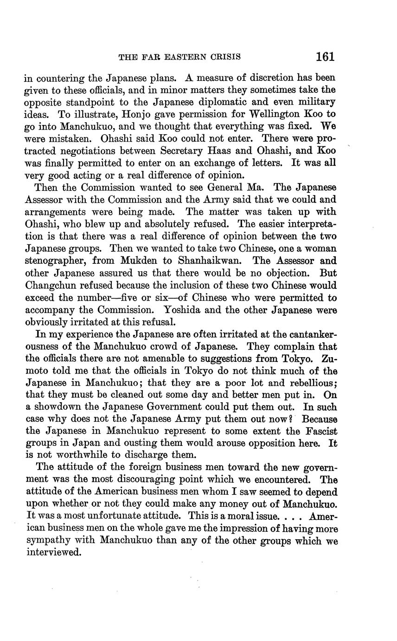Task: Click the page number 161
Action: click(325, 57)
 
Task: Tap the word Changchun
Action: click(52, 286)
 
